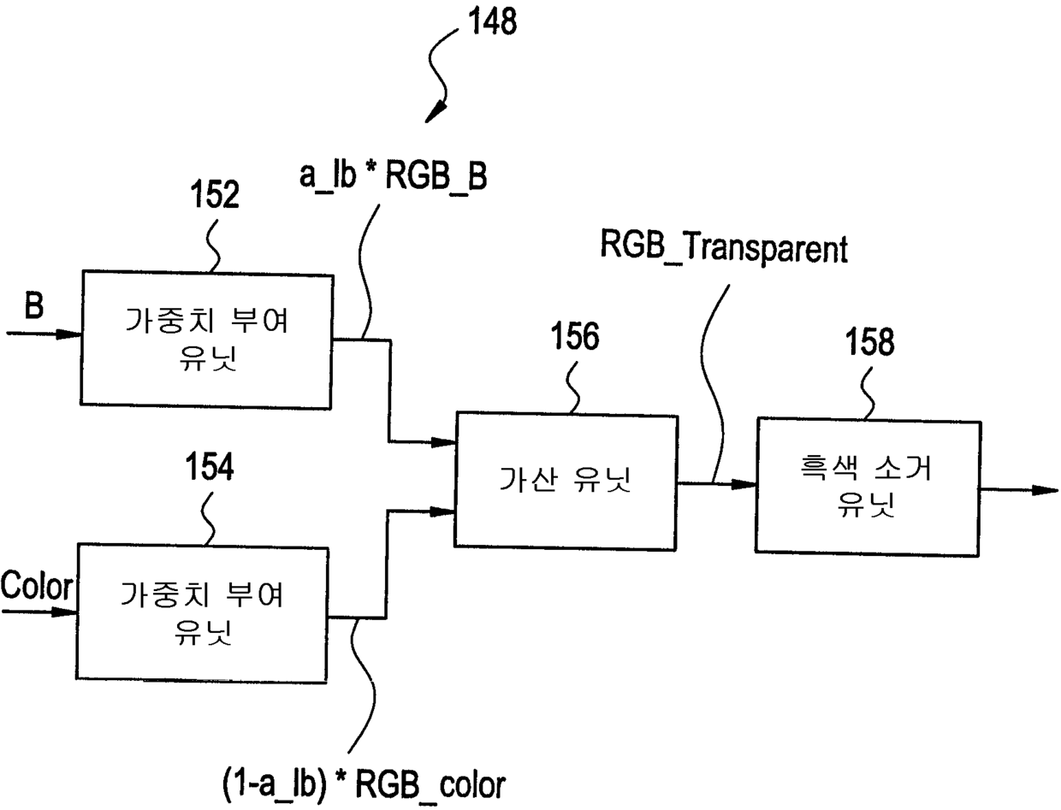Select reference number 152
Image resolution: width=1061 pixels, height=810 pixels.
215,195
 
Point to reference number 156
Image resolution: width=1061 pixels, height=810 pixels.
574,338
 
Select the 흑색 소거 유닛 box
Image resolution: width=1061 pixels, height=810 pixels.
866,485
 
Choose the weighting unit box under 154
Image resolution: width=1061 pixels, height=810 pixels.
202,612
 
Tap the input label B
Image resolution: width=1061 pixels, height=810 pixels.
33,306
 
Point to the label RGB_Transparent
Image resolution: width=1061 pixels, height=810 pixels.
723,250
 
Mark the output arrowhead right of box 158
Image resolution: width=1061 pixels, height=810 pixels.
1046,490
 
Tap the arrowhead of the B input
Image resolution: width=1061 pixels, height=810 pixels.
69,334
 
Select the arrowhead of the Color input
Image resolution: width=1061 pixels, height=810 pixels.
65,612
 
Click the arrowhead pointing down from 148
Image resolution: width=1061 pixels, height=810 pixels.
436,113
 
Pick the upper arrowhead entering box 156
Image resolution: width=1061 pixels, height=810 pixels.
443,442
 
